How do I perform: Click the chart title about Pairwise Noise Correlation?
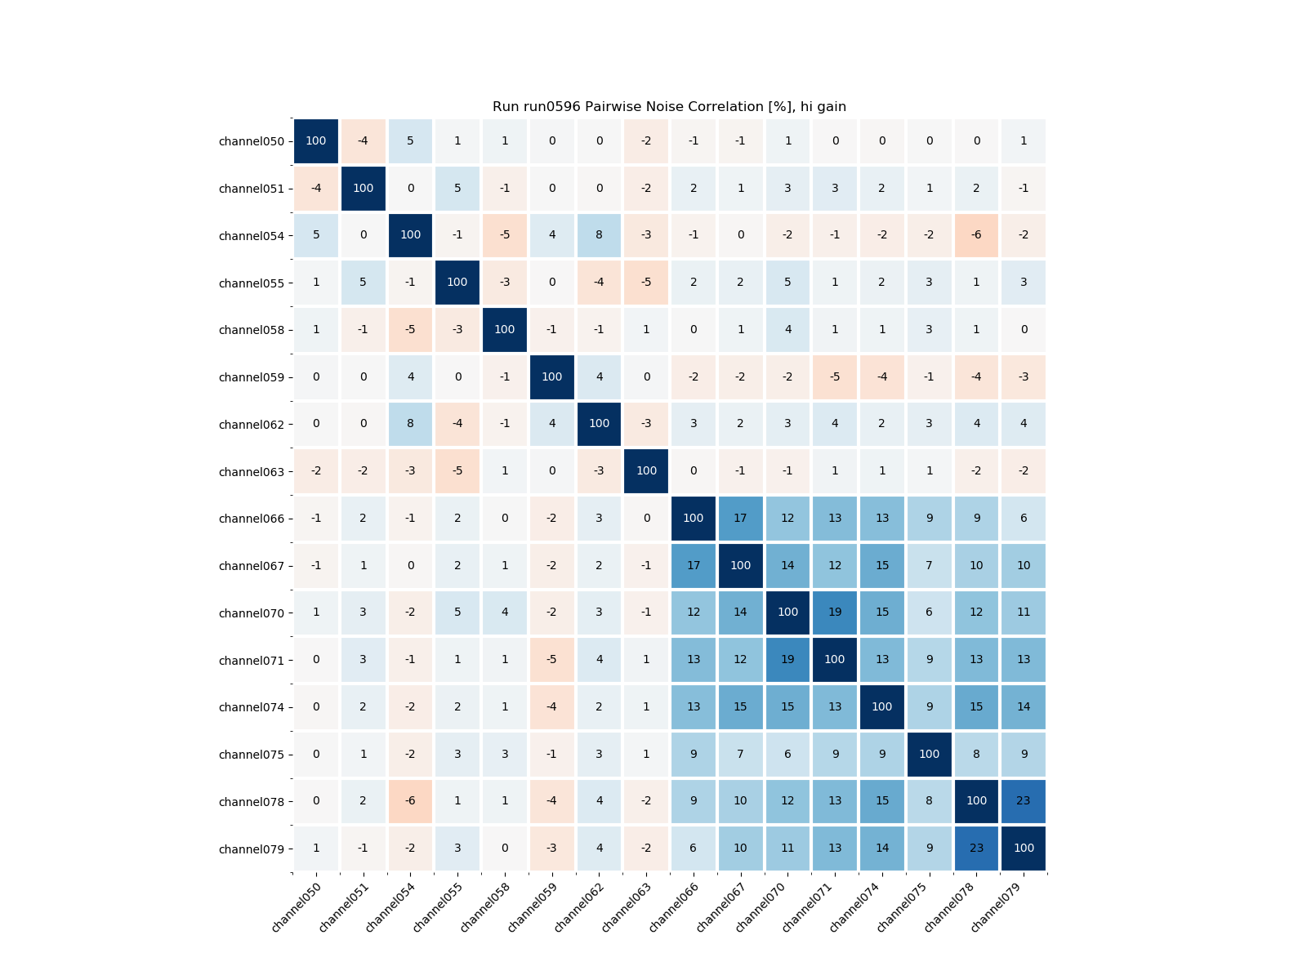pos(669,107)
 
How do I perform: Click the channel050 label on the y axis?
pos(252,141)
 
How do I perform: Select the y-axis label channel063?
pos(252,471)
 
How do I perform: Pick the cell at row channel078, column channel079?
pos(1024,801)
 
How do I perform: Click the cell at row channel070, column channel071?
pos(835,612)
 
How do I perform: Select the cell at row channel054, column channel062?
pos(599,235)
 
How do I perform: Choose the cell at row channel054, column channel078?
pos(976,235)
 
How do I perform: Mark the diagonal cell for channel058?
pos(505,330)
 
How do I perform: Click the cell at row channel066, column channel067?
pos(740,518)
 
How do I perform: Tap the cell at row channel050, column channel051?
pos(363,141)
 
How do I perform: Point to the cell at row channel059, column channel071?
pos(835,376)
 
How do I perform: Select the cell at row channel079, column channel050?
pos(316,849)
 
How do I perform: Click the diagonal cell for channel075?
pos(929,754)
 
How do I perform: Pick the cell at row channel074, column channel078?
pos(976,706)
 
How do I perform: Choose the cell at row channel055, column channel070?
pos(787,283)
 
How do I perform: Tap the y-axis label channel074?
pos(252,707)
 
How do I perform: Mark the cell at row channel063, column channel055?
pos(457,471)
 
